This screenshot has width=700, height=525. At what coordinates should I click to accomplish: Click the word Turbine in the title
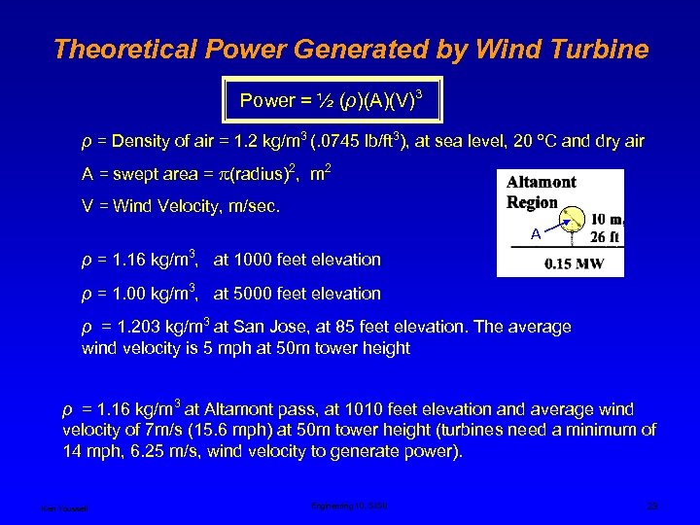pos(593,50)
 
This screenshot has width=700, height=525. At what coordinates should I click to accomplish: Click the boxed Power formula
pos(330,100)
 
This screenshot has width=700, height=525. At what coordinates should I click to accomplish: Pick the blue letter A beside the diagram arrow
pos(536,234)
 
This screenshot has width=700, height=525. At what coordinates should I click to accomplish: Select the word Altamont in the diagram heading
pos(542,182)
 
